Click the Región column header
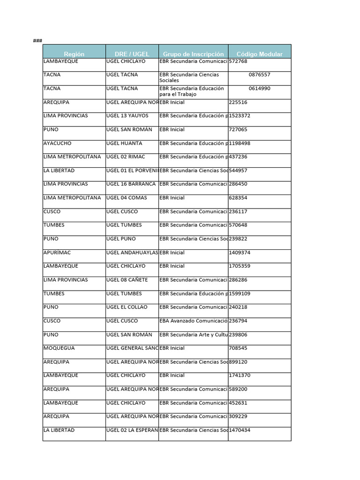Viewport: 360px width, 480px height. [x=74, y=54]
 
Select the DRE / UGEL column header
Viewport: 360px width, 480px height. [x=132, y=54]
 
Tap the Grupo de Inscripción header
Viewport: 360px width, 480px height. [x=193, y=54]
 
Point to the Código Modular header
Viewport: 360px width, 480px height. [x=259, y=54]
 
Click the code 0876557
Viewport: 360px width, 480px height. [x=259, y=75]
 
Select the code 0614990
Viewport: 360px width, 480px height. [x=259, y=88]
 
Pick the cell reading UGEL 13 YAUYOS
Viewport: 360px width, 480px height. [x=127, y=116]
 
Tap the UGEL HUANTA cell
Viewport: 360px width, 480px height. [x=124, y=143]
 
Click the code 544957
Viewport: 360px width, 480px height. [x=238, y=171]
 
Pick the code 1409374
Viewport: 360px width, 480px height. [x=240, y=253]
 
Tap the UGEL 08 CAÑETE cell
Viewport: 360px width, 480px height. [x=127, y=280]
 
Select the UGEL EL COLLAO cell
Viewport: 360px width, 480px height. [x=127, y=307]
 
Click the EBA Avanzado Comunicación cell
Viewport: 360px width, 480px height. [x=193, y=321]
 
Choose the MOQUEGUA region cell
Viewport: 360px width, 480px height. [x=59, y=348]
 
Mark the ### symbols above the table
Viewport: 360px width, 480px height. [x=37, y=41]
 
